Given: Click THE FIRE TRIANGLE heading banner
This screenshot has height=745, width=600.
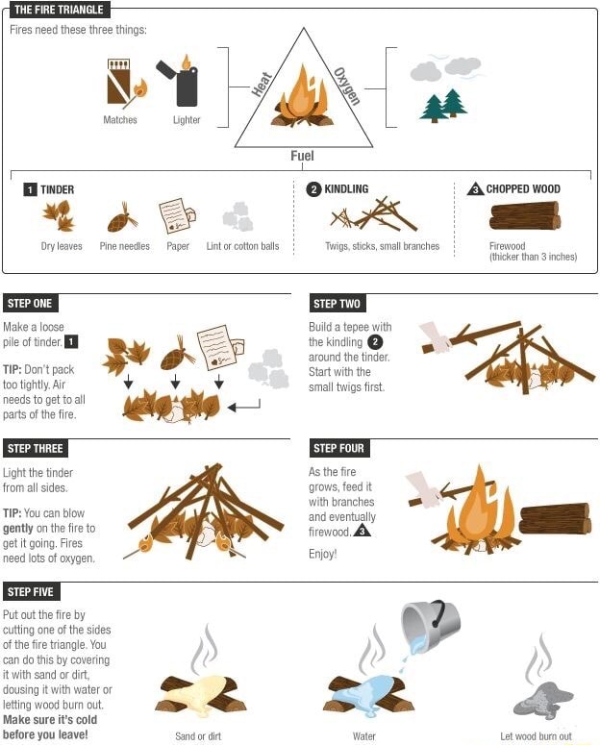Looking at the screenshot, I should tap(58, 10).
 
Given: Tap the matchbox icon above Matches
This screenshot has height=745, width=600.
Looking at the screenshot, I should tap(121, 83).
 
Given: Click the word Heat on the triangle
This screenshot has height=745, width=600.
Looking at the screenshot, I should tap(262, 85).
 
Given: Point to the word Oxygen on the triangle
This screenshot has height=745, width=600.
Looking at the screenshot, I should tap(346, 85).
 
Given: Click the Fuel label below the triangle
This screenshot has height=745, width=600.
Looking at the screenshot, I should tap(302, 156).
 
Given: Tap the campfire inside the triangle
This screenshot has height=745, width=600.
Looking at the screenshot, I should tap(302, 98).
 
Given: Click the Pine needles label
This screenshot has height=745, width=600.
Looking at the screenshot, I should tap(125, 246).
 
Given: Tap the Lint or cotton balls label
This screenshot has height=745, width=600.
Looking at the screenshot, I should tap(242, 246).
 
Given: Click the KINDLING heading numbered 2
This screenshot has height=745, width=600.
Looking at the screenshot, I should tap(338, 189).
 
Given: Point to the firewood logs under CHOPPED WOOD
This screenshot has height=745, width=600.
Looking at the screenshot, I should tap(524, 215).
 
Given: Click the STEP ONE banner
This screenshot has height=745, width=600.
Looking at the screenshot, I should tap(30, 304).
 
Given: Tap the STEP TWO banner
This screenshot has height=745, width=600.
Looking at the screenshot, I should tap(337, 304).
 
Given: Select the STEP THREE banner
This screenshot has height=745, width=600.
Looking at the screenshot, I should tap(35, 449).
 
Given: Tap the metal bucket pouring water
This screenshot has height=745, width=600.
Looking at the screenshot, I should tap(430, 624).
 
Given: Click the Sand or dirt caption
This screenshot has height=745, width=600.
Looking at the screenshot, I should tap(198, 736).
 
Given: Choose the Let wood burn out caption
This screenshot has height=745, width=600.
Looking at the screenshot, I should tap(536, 736).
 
